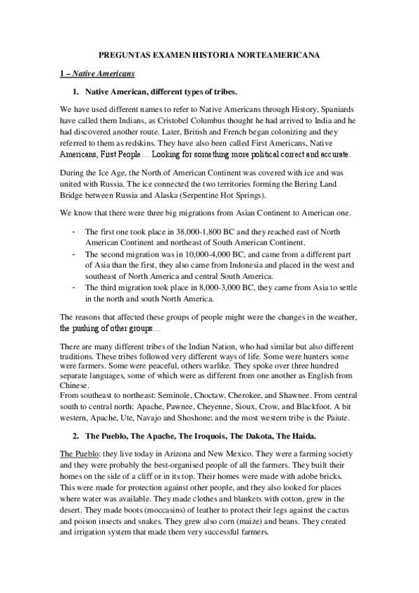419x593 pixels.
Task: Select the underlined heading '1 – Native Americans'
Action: tap(98, 73)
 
